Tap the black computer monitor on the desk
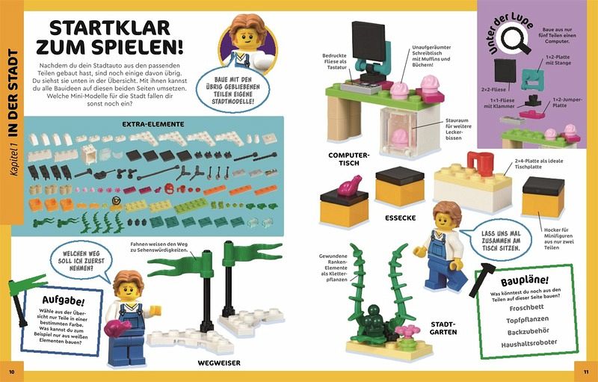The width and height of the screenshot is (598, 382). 369,41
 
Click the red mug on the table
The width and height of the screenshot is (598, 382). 481,164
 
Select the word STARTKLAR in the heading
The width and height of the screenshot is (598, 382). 110,28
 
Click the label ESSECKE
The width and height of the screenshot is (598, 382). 400,218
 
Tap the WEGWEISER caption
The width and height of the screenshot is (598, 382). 219,363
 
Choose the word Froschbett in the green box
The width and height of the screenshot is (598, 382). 526,308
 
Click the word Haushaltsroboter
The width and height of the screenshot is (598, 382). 529,343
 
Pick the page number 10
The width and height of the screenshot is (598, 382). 11,372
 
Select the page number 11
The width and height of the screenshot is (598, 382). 586,372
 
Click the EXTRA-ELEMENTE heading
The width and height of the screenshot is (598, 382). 153,124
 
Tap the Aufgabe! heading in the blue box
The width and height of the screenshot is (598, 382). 64,301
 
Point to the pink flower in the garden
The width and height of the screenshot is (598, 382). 407,330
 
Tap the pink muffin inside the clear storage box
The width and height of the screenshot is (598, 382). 400,138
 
